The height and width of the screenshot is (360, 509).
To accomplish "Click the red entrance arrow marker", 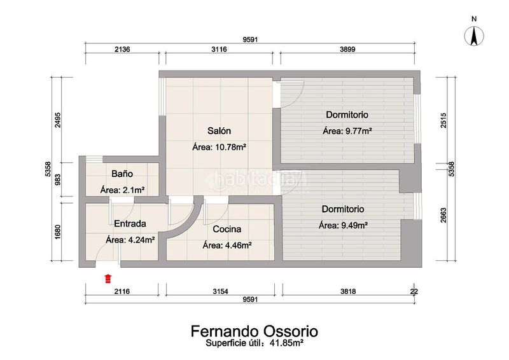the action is pyautogui.click(x=108, y=279).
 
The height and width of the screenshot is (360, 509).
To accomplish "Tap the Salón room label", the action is pyautogui.click(x=219, y=131).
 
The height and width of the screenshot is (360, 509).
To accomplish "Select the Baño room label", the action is pyautogui.click(x=122, y=174).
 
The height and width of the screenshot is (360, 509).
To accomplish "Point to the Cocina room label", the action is pyautogui.click(x=227, y=229).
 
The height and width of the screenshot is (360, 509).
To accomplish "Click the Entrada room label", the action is pyautogui.click(x=130, y=224).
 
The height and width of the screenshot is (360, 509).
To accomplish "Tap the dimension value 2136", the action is pyautogui.click(x=122, y=50).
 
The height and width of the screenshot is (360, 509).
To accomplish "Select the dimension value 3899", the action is pyautogui.click(x=347, y=50).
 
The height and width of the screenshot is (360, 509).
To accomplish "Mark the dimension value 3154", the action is pyautogui.click(x=220, y=291).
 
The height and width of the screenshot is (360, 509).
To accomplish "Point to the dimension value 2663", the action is pyautogui.click(x=443, y=215).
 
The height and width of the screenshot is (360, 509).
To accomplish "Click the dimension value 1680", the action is pyautogui.click(x=58, y=232).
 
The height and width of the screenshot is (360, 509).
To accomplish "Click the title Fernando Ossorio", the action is pyautogui.click(x=254, y=331).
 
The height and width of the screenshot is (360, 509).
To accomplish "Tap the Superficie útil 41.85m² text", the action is pyautogui.click(x=254, y=343).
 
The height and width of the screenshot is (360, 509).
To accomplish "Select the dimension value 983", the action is pyautogui.click(x=58, y=179).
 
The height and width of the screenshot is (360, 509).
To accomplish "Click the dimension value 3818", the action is pyautogui.click(x=348, y=291).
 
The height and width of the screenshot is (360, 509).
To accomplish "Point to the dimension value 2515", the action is pyautogui.click(x=443, y=120).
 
